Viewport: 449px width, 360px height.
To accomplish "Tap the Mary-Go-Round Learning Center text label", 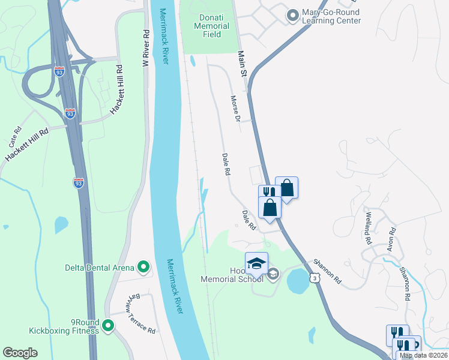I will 332,16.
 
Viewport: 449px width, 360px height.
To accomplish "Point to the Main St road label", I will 243,64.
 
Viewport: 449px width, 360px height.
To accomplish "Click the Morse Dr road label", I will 235,106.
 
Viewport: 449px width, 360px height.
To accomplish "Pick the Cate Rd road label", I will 16,138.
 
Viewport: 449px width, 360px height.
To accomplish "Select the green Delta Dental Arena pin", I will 143,266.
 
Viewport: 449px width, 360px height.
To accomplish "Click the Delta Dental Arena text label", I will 100,267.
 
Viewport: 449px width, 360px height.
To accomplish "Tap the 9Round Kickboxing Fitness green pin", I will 108,326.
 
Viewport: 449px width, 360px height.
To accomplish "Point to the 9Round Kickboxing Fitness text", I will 64,326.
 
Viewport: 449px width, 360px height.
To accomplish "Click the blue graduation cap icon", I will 256,263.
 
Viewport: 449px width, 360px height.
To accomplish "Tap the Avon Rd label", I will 391,238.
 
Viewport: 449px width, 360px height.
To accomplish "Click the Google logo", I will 20,353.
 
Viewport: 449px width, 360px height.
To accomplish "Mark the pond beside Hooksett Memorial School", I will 298,281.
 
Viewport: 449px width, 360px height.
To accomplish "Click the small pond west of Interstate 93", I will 61,224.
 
